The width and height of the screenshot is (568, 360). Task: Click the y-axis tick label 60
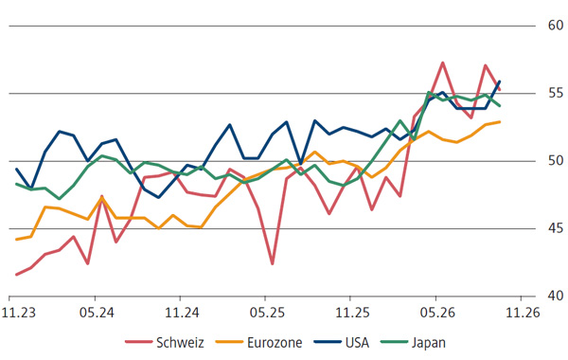point(556,25)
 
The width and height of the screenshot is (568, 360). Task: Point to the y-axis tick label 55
point(556,93)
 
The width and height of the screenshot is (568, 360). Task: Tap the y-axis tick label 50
point(556,160)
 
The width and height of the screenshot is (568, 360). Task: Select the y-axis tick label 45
point(556,228)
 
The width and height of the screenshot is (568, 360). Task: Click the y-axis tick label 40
point(556,296)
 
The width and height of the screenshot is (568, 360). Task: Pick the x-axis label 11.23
point(19,312)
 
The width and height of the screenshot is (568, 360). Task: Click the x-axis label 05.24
point(97,312)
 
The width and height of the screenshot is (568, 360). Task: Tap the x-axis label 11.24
point(182,312)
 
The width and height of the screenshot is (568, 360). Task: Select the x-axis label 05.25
point(267,312)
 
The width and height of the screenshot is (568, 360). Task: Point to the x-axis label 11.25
point(352,312)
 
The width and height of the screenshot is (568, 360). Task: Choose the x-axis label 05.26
point(437,312)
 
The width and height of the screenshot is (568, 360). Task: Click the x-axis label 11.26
point(523,312)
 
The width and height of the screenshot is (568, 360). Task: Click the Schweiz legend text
point(180,343)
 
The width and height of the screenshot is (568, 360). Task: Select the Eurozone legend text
point(275,343)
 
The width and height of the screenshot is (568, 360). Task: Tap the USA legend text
point(357,343)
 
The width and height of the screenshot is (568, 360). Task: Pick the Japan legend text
point(429,343)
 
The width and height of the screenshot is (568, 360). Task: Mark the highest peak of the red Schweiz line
point(443,63)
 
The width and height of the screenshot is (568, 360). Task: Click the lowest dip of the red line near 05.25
point(273,264)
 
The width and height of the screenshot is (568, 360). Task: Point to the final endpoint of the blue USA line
point(500,81)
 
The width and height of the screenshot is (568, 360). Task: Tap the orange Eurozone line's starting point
point(16,240)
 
